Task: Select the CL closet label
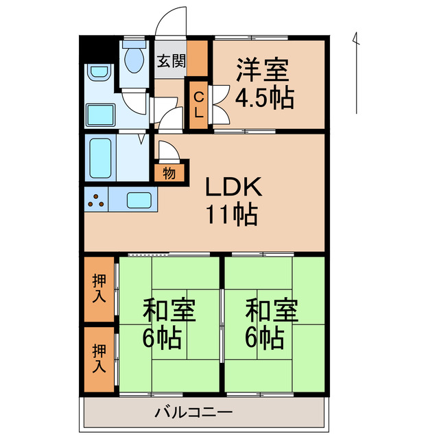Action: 198,104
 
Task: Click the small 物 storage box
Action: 169,172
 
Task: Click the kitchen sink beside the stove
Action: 140,200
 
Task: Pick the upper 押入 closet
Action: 100,288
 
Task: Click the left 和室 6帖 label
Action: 169,324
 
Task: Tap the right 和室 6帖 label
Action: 272,324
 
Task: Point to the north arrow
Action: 356,72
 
